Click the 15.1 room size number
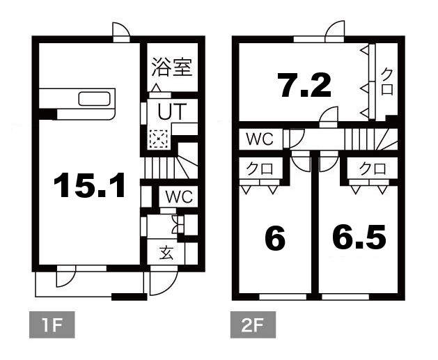pos(88,186)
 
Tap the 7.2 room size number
pos(304,86)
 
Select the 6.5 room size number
pos(359,238)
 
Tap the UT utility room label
pos(170,111)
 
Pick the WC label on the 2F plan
pos(258,139)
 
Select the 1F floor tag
pos(51,324)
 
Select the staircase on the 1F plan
pos(170,168)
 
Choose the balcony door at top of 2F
pos(334,30)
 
